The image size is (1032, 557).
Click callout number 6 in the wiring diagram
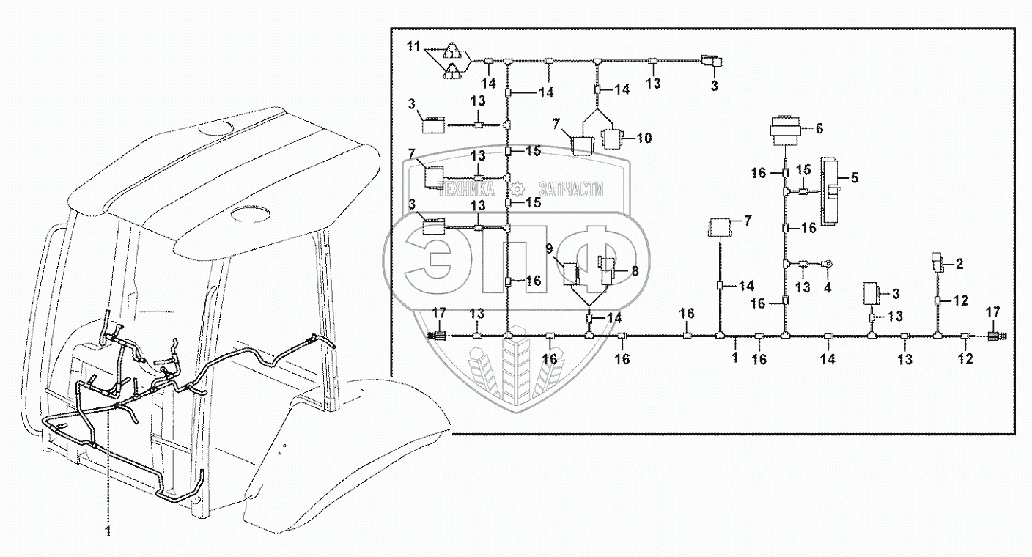click(x=819, y=128)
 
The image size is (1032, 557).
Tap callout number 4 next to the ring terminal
click(x=828, y=288)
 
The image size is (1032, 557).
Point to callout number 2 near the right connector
click(x=959, y=262)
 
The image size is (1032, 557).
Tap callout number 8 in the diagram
click(x=635, y=270)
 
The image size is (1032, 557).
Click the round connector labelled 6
click(x=785, y=133)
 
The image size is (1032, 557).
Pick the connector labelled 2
click(x=937, y=261)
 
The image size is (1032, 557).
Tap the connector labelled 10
click(x=611, y=138)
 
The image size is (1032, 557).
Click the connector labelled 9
click(x=572, y=273)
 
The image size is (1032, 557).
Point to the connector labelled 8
click(x=608, y=271)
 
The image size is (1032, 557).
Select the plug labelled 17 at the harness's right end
click(x=995, y=337)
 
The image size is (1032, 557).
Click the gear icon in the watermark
click(x=517, y=188)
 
